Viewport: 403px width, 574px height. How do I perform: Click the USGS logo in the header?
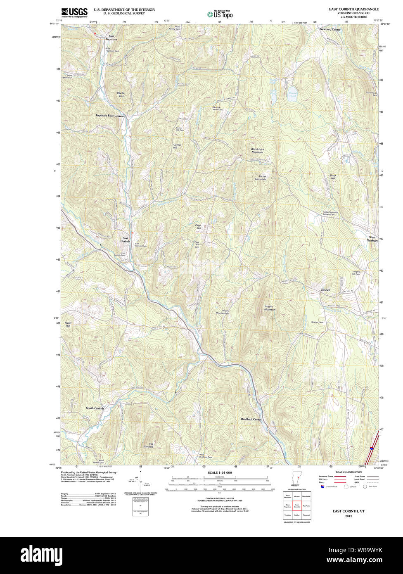74,12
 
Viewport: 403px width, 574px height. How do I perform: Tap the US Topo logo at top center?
220,14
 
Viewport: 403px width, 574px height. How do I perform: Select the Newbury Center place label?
330,30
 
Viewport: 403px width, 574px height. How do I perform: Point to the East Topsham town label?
111,38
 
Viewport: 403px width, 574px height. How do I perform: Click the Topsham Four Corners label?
110,116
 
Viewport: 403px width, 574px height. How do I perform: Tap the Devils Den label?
120,94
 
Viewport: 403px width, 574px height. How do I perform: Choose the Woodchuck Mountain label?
257,150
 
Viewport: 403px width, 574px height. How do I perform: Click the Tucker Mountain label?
260,178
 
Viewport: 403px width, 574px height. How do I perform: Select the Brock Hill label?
333,177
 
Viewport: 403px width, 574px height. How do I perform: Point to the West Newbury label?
372,239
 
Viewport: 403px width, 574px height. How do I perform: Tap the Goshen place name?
325,290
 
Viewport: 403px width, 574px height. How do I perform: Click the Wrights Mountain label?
270,308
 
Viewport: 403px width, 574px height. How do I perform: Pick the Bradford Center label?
251,419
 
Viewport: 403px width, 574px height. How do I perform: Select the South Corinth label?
95,408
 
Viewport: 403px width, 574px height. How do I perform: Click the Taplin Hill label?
68,325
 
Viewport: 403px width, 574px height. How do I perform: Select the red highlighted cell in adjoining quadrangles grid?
297,505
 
